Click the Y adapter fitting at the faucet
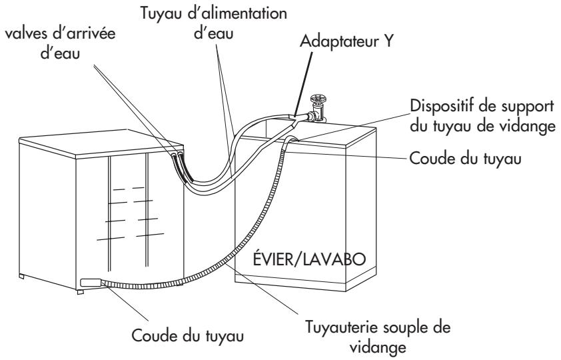(x=298, y=119)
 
